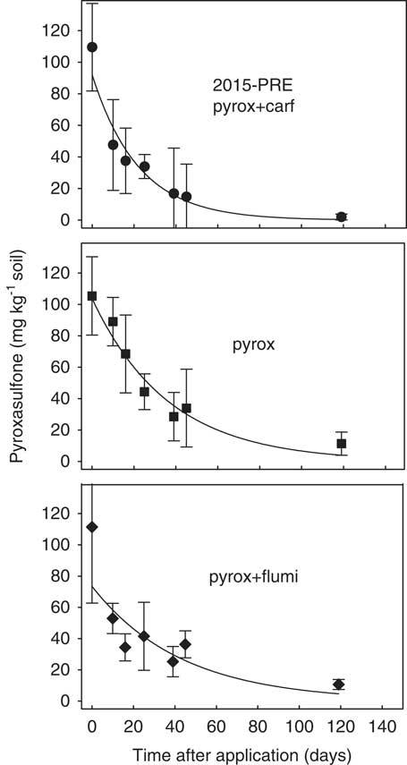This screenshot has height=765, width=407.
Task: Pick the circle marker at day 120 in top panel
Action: (x=341, y=217)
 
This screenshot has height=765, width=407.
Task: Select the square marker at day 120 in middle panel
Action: (x=341, y=444)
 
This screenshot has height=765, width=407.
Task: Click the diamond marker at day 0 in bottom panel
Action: (x=92, y=527)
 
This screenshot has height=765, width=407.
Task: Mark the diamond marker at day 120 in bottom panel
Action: (x=338, y=684)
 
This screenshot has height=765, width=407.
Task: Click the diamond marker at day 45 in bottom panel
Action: (x=185, y=644)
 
